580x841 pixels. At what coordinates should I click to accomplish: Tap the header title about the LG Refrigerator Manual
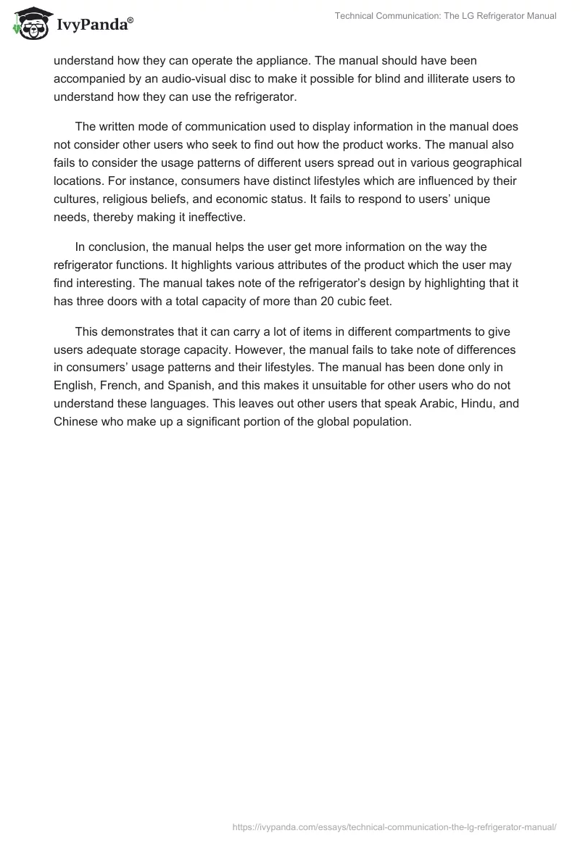(445, 16)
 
